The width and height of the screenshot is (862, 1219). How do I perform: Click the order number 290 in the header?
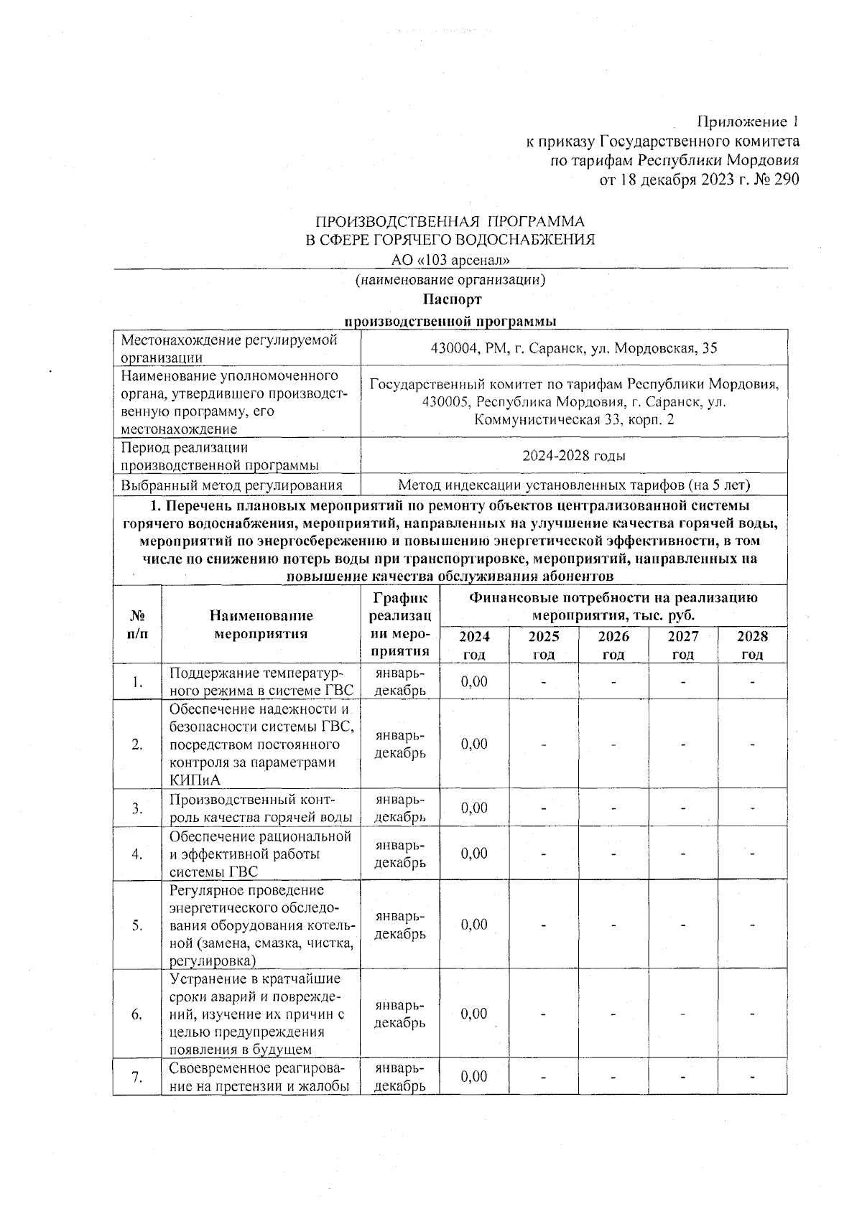[x=784, y=179]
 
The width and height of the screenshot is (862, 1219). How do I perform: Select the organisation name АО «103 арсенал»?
[x=450, y=260]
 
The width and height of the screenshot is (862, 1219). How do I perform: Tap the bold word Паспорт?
[x=452, y=299]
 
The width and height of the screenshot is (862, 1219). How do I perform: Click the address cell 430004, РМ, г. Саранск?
[x=573, y=349]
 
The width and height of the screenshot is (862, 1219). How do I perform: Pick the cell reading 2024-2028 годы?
[x=573, y=456]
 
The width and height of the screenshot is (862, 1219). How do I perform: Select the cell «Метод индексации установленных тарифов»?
[x=573, y=485]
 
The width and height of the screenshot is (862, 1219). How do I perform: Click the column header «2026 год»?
[x=613, y=645]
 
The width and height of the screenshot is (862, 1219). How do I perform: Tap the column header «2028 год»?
[x=752, y=645]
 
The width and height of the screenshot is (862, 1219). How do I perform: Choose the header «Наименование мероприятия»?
[x=261, y=625]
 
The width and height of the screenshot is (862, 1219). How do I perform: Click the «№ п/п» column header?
[x=136, y=625]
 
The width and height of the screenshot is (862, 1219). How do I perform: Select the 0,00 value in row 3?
[x=474, y=808]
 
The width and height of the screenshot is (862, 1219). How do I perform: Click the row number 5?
[x=136, y=925]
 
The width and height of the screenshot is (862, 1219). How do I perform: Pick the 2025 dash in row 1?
[x=544, y=681]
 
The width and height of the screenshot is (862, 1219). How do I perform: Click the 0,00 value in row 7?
[x=474, y=1077]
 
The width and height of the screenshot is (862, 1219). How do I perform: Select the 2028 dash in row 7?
[x=752, y=1077]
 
